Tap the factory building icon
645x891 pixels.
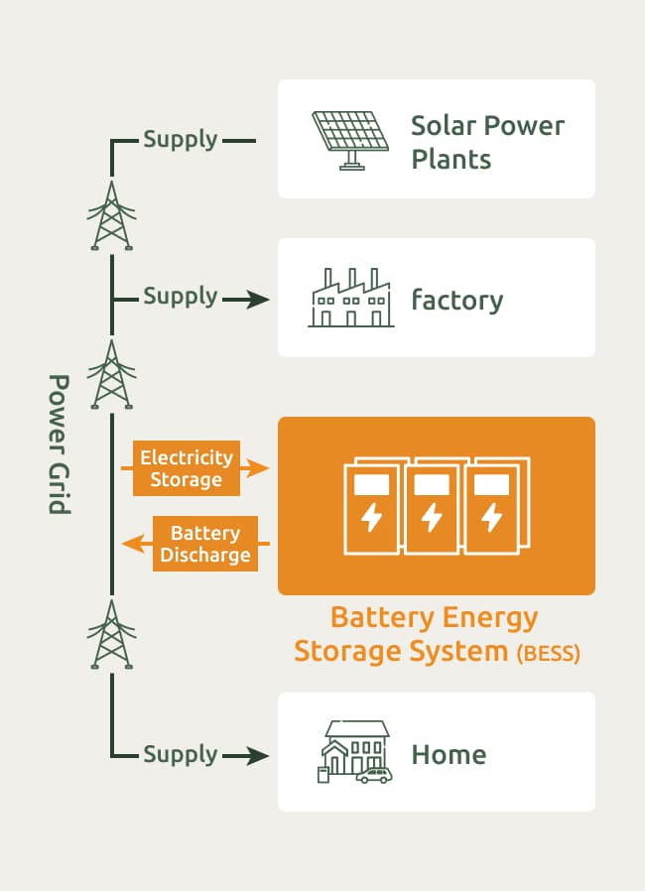point(351,298)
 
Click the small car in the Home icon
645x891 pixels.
point(374,774)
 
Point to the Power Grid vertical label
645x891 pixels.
point(60,444)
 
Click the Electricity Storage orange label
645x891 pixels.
point(187,468)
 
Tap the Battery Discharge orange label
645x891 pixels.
point(204,544)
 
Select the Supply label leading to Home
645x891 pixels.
point(180,754)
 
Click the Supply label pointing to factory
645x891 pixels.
point(180,296)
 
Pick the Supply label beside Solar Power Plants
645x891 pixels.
point(180,139)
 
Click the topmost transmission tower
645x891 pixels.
point(111,216)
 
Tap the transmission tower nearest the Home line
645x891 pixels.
point(111,635)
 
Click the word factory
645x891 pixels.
point(457,300)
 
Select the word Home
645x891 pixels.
point(449,755)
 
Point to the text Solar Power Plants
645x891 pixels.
point(487,142)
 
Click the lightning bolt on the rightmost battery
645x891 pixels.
point(491,517)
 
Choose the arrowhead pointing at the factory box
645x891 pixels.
point(259,300)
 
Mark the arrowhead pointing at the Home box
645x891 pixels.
point(259,756)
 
